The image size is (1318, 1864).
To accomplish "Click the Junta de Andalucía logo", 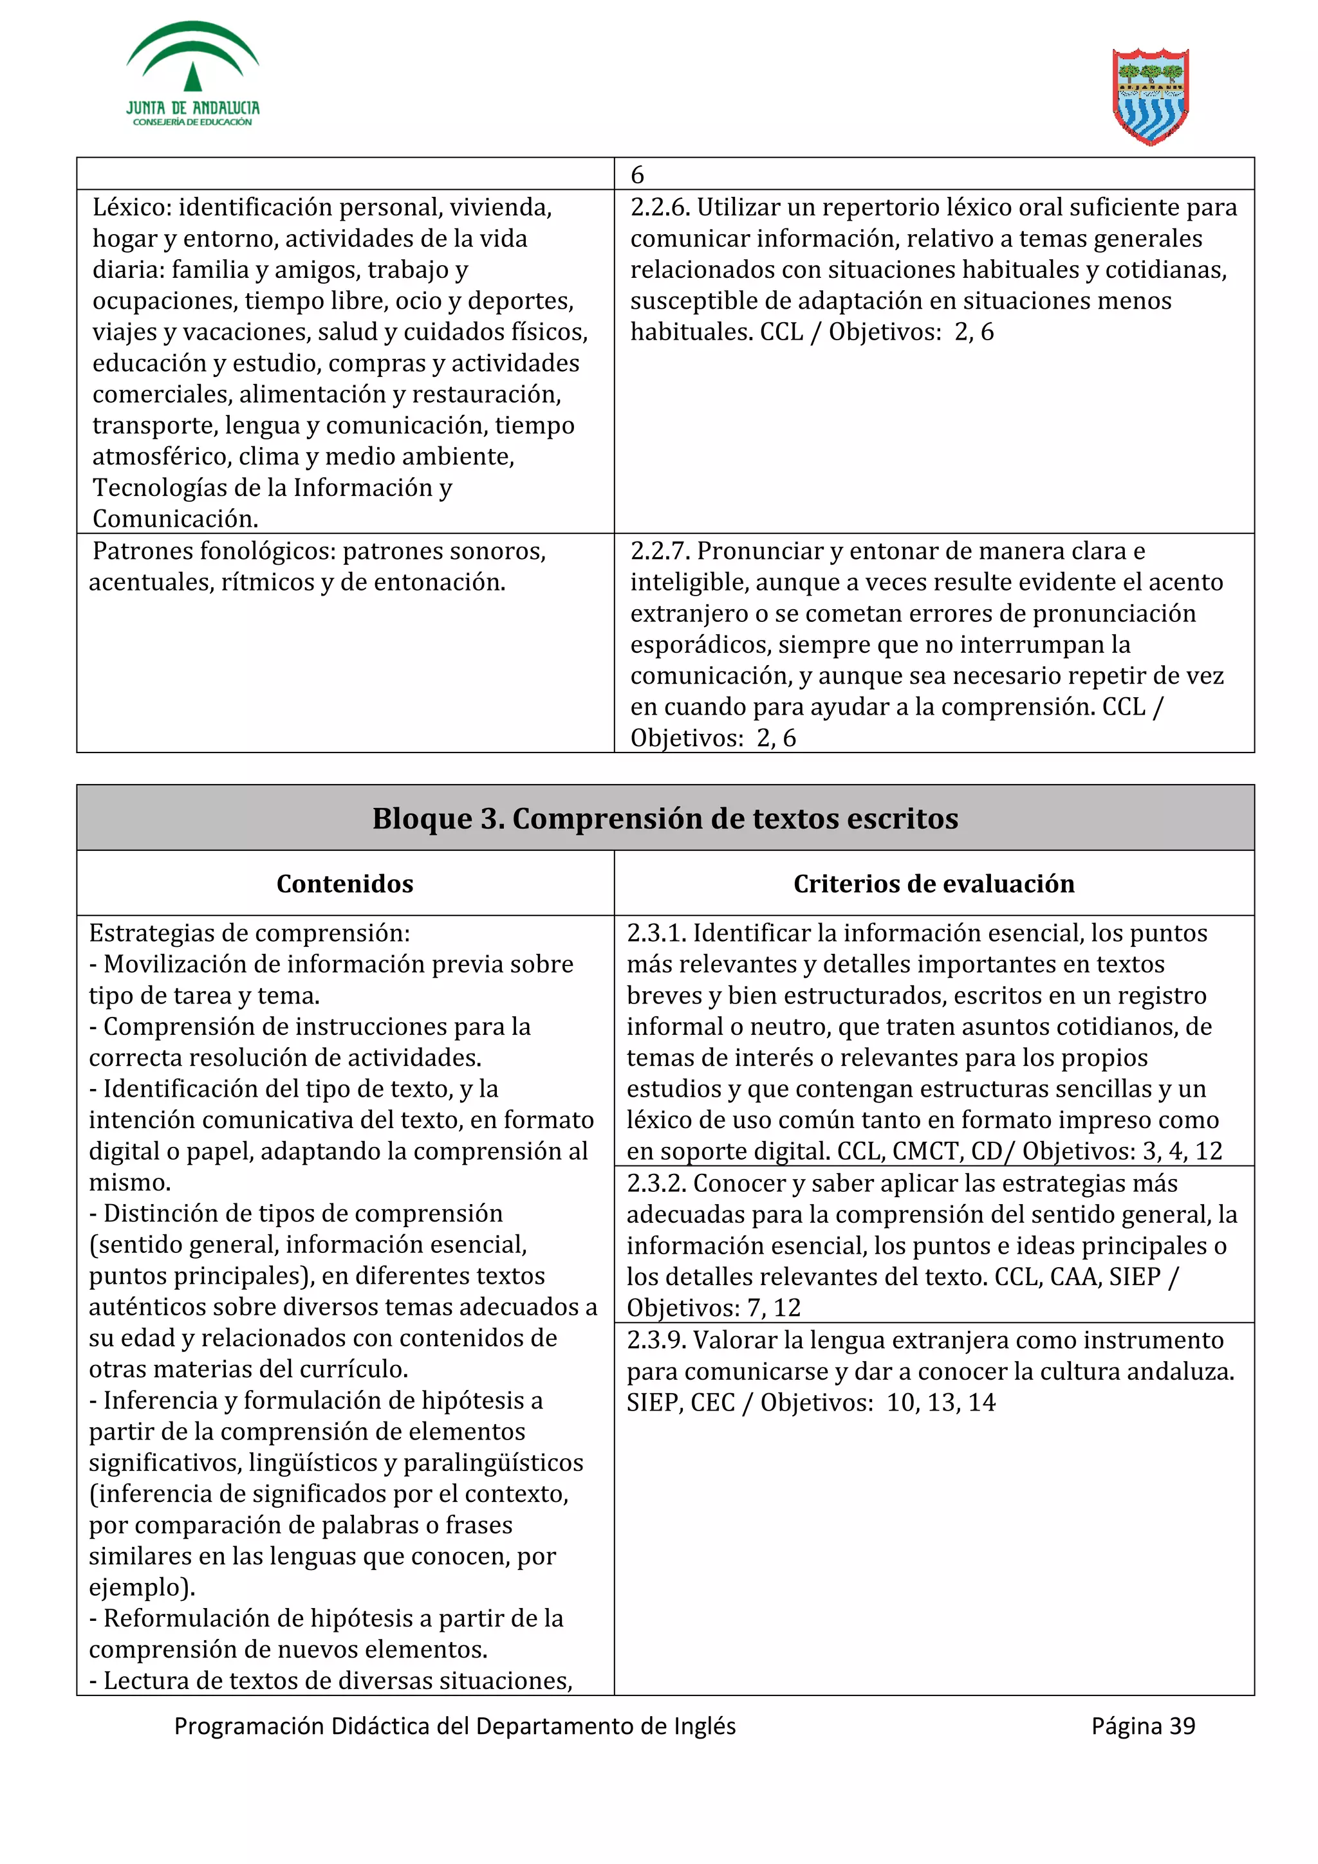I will coord(192,75).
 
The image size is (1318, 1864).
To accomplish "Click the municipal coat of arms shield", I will coord(1150,96).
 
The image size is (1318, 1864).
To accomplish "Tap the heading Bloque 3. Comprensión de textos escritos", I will coord(665,818).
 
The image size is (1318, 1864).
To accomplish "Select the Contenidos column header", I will coord(344,883).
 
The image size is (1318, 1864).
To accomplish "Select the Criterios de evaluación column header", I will coord(933,883).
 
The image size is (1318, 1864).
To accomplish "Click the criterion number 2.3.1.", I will coord(656,934).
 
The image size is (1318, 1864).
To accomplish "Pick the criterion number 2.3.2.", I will coord(656,1183).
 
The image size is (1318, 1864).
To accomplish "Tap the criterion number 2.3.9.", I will coord(656,1340).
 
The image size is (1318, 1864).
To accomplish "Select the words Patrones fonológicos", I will coord(213,551).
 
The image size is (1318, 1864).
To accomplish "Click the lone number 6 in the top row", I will coord(638,174).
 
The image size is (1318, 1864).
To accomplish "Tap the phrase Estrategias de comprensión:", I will coord(249,934).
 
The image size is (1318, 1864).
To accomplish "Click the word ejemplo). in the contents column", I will coord(142,1587).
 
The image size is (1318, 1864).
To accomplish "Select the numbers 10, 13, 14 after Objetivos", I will coord(940,1403).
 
